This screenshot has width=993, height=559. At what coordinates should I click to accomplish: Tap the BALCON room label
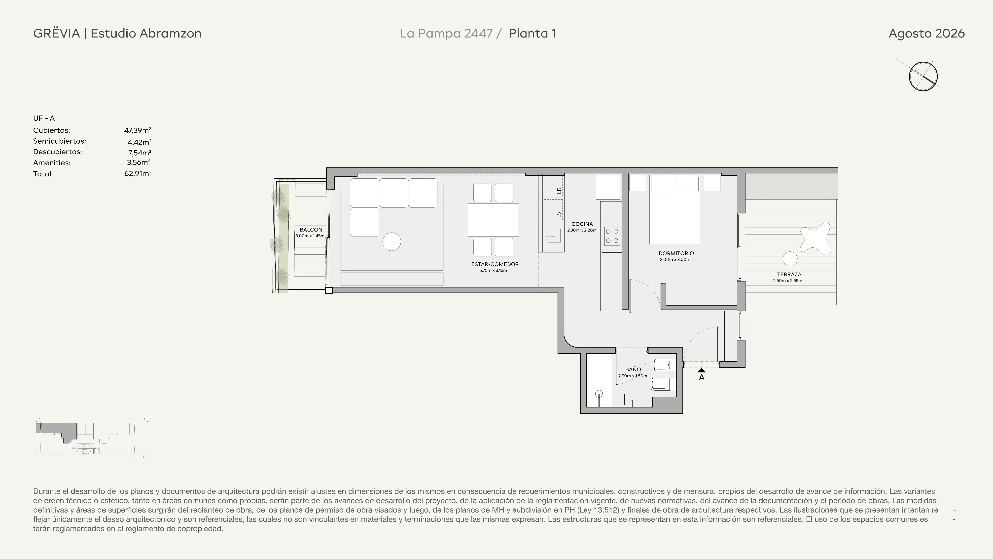[311, 230]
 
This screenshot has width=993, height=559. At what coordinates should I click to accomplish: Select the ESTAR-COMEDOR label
[495, 264]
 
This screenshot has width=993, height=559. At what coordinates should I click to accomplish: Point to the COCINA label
[582, 224]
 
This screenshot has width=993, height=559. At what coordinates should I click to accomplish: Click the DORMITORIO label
[676, 253]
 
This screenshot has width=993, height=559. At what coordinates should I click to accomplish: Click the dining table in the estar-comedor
[493, 220]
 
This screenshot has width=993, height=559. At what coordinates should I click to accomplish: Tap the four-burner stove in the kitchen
[612, 236]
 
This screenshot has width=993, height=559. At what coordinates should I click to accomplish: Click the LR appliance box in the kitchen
[553, 186]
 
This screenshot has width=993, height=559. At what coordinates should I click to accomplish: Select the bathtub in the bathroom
[599, 381]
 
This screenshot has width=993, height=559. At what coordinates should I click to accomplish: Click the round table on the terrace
[790, 259]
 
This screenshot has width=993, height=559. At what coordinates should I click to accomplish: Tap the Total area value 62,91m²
[138, 174]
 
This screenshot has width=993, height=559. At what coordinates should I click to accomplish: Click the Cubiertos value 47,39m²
[138, 130]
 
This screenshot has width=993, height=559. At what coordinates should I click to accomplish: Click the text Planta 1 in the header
[532, 34]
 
